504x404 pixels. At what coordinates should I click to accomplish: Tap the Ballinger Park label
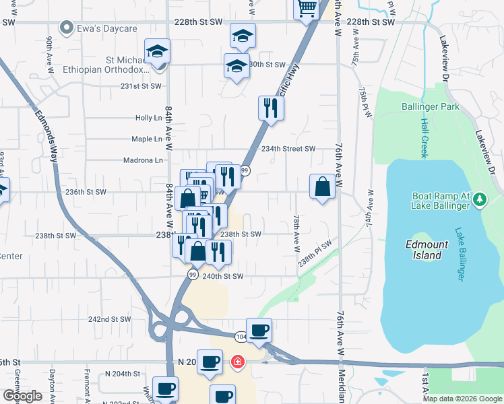pos(430,106)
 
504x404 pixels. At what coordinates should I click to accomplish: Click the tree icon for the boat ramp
pos(480,199)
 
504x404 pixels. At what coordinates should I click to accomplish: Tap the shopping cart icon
pos(306,8)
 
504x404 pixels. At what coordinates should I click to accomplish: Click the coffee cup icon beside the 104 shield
pos(259,330)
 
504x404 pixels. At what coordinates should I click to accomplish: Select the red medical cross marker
pos(237,363)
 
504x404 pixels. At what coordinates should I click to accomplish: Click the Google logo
pos(22,397)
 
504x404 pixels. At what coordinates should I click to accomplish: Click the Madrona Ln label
pos(143,160)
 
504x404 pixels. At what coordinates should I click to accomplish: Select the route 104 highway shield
pos(241,335)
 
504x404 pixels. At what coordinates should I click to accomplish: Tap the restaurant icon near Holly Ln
pos(271,108)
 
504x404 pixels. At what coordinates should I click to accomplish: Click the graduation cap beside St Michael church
pos(157,51)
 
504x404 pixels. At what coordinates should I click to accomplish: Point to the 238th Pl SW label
pos(316,253)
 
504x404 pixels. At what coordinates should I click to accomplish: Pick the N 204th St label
pos(122,374)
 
